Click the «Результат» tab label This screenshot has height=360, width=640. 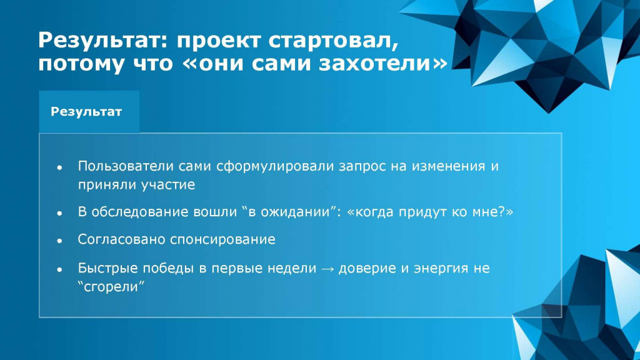tap(86, 112)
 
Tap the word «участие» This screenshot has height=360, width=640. tap(168, 185)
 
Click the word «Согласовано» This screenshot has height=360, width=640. tap(121, 239)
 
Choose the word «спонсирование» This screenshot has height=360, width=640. tap(222, 239)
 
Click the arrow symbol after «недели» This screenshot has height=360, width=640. tap(327, 269)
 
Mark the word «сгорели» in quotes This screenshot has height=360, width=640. tap(111, 286)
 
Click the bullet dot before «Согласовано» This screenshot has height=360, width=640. tap(59, 241)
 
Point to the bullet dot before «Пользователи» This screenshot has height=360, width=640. tap(59, 167)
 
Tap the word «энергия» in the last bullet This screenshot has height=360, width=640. tap(441, 269)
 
